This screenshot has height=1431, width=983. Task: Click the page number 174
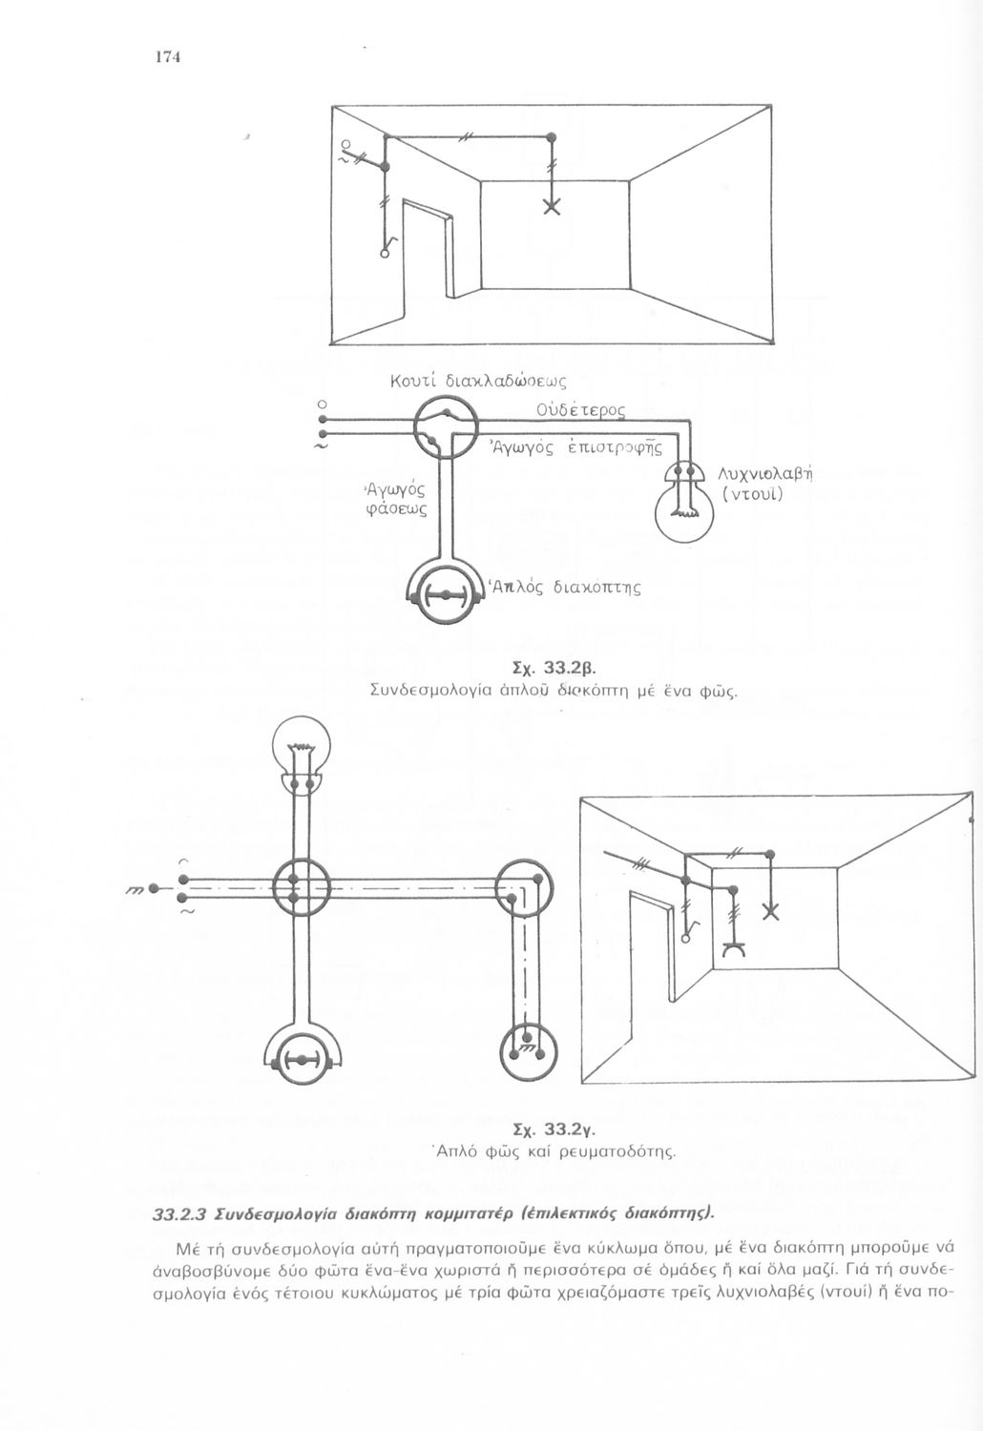pos(168,56)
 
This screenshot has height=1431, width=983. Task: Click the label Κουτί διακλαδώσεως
pos(479,383)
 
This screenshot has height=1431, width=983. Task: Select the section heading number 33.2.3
pos(181,1214)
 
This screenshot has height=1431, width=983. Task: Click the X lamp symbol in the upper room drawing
pos(551,207)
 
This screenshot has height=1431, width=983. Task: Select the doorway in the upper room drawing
pos(428,253)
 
